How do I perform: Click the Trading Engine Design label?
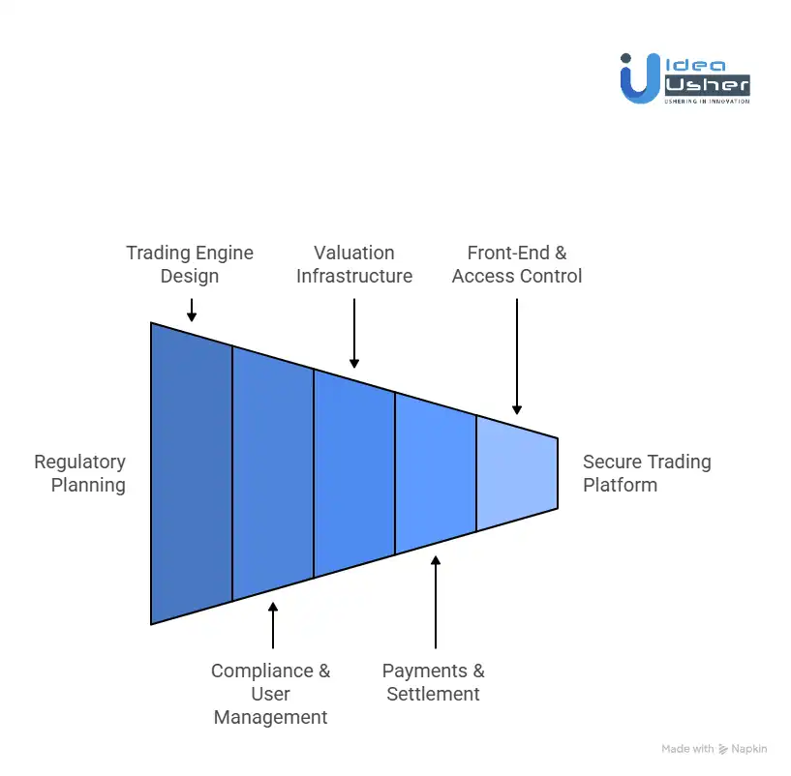pos(190,264)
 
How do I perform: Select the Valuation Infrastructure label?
pos(354,264)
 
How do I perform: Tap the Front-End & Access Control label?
pos(517,264)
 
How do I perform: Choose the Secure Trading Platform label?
pos(647,473)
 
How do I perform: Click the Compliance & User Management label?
pos(271,694)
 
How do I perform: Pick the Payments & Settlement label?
pos(434,682)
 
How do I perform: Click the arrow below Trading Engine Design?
pos(192,310)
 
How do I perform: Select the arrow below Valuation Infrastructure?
pos(354,333)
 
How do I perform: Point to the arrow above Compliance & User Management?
pos(273,625)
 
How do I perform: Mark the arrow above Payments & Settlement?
pos(436,602)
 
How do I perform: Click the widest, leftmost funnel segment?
pos(192,473)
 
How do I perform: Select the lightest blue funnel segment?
pos(517,473)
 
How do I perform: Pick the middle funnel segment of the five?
pos(354,473)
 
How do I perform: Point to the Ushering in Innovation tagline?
pos(707,101)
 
